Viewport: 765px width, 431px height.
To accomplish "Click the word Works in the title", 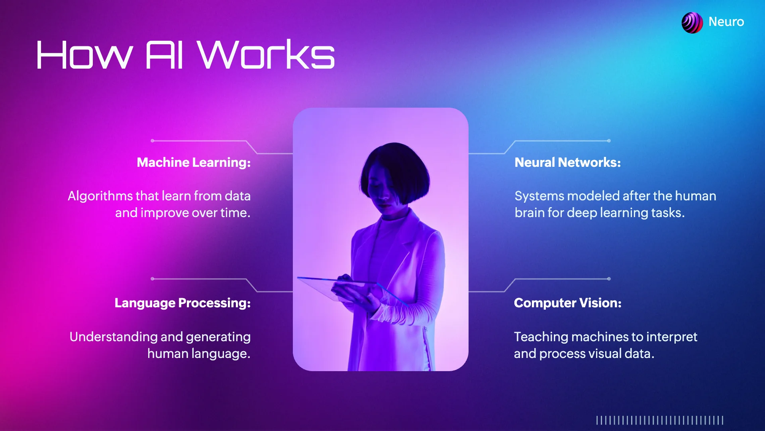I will pyautogui.click(x=266, y=55).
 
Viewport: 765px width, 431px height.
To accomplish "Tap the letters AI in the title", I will pyautogui.click(x=164, y=55).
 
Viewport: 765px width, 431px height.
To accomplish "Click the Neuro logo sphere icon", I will pyautogui.click(x=692, y=22).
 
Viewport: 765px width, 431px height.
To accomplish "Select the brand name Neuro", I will pyautogui.click(x=726, y=22).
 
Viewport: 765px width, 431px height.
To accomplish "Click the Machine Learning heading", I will pyautogui.click(x=194, y=162).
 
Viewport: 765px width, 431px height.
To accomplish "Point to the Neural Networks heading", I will pyautogui.click(x=567, y=162).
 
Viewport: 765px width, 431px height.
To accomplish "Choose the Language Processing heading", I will pyautogui.click(x=182, y=303).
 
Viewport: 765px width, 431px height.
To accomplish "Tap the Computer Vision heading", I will pyautogui.click(x=567, y=303).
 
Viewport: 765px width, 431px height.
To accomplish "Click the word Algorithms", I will pyautogui.click(x=100, y=196).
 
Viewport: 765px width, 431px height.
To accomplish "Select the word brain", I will pyautogui.click(x=529, y=213).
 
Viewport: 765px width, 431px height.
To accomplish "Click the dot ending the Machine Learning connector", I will pyautogui.click(x=152, y=141).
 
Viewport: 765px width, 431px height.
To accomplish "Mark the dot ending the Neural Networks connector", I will pyautogui.click(x=609, y=141).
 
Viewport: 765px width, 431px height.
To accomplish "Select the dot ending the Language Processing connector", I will pyautogui.click(x=152, y=279).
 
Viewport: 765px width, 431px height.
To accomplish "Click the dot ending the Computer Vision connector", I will pyautogui.click(x=609, y=279).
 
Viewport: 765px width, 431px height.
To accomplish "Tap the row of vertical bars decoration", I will pyautogui.click(x=659, y=420).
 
